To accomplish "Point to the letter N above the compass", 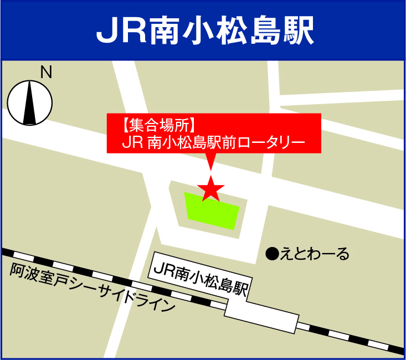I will pos(46,73).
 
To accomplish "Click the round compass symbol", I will pos(30,102).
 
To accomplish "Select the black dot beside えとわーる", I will pos(271,254).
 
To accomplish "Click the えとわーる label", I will pos(315,254).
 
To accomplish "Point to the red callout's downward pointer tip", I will pos(210,169).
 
